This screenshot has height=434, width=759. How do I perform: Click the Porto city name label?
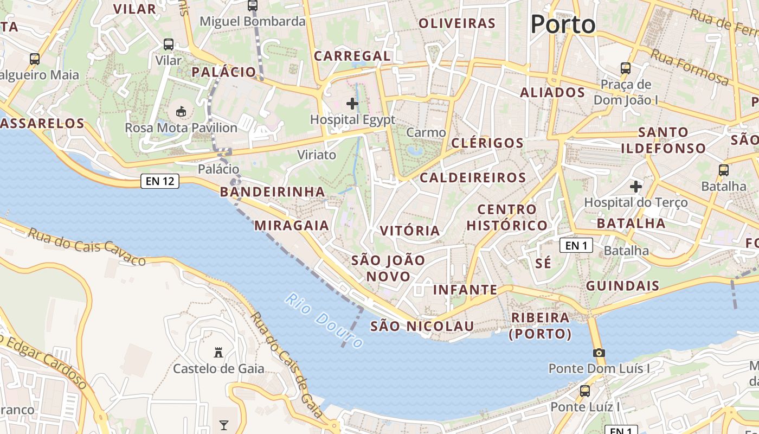click(x=563, y=24)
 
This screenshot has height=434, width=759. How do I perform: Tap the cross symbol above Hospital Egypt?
click(x=352, y=103)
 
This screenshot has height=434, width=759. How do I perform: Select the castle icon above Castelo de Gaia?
click(x=218, y=352)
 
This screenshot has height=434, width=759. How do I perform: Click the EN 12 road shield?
click(x=160, y=181)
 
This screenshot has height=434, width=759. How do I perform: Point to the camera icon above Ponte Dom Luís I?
click(x=599, y=353)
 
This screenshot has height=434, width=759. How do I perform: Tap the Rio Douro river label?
click(x=324, y=321)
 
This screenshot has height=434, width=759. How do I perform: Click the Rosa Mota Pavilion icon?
click(x=181, y=112)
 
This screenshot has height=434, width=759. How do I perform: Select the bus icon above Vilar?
click(x=169, y=44)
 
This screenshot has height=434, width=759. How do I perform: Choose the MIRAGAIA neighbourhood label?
click(x=292, y=226)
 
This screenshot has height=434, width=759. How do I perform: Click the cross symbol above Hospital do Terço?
click(x=635, y=187)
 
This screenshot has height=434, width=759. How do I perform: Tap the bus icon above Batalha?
click(x=723, y=170)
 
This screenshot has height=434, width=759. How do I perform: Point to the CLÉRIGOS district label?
click(x=487, y=143)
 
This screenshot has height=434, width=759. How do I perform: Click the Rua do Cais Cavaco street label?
click(x=87, y=247)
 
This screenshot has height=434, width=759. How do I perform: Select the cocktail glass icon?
click(x=224, y=425)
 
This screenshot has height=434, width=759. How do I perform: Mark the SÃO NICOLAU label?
click(x=422, y=326)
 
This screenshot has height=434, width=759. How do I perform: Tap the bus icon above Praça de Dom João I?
click(x=626, y=68)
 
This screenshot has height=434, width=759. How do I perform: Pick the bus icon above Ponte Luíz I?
click(x=585, y=391)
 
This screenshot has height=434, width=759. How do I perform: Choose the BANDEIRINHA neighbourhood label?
click(x=272, y=192)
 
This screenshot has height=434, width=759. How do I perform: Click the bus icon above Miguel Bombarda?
click(x=253, y=5)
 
